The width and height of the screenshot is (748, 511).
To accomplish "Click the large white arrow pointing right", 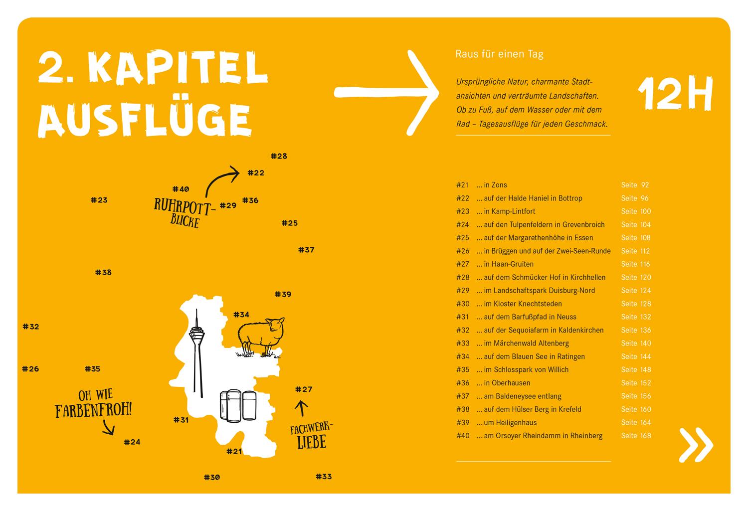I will pyautogui.click(x=386, y=92).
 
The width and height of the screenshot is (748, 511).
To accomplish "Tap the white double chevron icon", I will pyautogui.click(x=696, y=444).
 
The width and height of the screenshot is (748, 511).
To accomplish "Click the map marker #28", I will pyautogui.click(x=279, y=156).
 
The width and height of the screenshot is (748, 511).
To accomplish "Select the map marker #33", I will pyautogui.click(x=324, y=477).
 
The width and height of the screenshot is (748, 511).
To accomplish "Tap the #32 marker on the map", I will pyautogui.click(x=31, y=327).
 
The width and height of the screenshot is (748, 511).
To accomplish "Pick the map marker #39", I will pyautogui.click(x=283, y=294).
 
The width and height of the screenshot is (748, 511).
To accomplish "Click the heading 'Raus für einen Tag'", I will pyautogui.click(x=499, y=54).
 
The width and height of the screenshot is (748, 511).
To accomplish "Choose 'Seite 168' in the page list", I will pyautogui.click(x=636, y=436).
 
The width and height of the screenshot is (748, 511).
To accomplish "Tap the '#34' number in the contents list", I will pyautogui.click(x=463, y=356).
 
